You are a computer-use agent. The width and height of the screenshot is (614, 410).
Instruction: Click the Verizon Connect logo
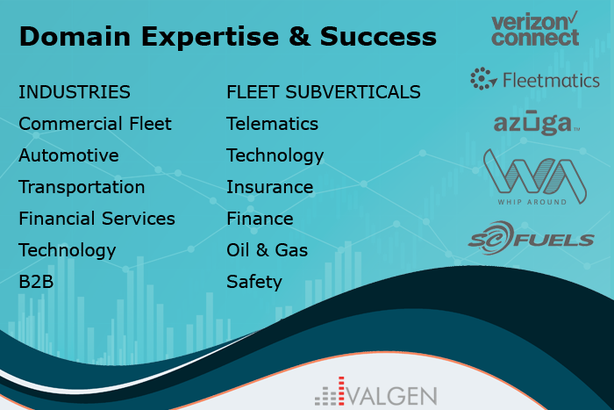pyautogui.click(x=535, y=29)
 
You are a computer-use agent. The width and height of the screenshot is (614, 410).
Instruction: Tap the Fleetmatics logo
pyautogui.click(x=535, y=79)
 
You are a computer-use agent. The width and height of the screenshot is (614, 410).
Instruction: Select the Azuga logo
pyautogui.click(x=537, y=123)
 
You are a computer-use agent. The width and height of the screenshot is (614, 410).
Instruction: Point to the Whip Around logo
pyautogui.click(x=534, y=176)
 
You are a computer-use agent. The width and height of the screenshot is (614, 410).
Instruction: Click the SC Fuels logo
pyautogui.click(x=532, y=238)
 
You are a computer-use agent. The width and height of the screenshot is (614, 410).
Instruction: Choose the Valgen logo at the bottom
pyautogui.click(x=376, y=392)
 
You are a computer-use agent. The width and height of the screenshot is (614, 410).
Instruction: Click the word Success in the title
pyautogui.click(x=378, y=37)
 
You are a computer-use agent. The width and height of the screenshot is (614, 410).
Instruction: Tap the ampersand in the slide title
pyautogui.click(x=300, y=37)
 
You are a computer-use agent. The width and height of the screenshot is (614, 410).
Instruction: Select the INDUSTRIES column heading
pyautogui.click(x=75, y=92)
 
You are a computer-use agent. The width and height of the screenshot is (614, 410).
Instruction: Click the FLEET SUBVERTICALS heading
pyautogui.click(x=324, y=92)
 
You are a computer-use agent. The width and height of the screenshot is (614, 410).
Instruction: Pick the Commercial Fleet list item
pyautogui.click(x=95, y=124)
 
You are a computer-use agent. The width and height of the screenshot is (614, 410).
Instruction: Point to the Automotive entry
pyautogui.click(x=69, y=155)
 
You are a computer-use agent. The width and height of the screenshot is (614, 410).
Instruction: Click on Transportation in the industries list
pyautogui.click(x=82, y=187)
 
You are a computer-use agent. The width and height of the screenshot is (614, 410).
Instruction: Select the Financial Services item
pyautogui.click(x=97, y=219)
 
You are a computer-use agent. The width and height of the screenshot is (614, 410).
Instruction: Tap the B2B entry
pyautogui.click(x=36, y=282)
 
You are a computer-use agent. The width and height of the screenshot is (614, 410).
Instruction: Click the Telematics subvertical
pyautogui.click(x=273, y=124)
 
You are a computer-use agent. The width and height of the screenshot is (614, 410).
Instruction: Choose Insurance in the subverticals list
pyautogui.click(x=270, y=187)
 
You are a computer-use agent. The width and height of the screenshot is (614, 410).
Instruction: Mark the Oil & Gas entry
pyautogui.click(x=267, y=250)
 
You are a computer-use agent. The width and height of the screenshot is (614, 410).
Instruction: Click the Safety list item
pyautogui.click(x=254, y=282)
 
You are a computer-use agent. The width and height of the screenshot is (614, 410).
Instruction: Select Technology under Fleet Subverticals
pyautogui.click(x=275, y=156)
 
